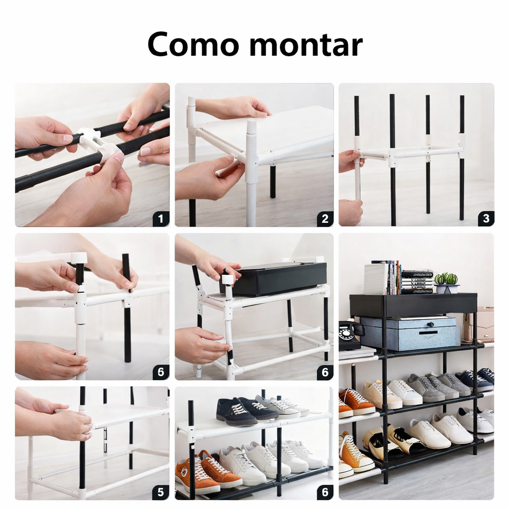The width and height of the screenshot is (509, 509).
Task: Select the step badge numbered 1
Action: (161, 219)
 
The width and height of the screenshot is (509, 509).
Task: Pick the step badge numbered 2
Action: (325, 219)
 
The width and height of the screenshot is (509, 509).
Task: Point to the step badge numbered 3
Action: (486, 219)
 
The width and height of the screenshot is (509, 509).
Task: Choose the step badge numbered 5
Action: (161, 492)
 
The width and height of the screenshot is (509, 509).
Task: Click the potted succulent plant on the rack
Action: (447, 283)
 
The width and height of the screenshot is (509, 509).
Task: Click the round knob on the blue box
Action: (431, 324)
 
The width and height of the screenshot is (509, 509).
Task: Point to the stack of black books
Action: (417, 281)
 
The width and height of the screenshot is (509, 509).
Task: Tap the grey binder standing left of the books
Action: (376, 279)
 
